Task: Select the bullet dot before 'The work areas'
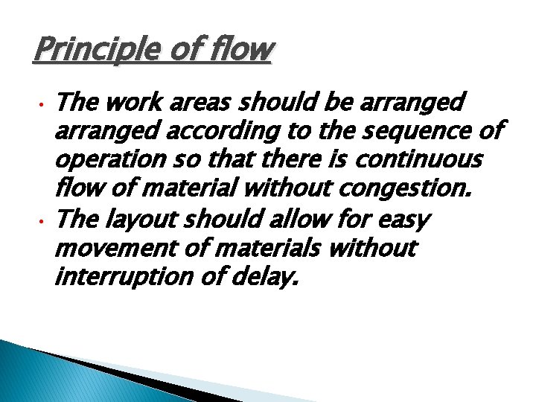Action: click(43, 102)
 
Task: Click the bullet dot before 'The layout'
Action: click(43, 221)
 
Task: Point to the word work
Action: click(127, 100)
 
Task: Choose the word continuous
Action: click(418, 160)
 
